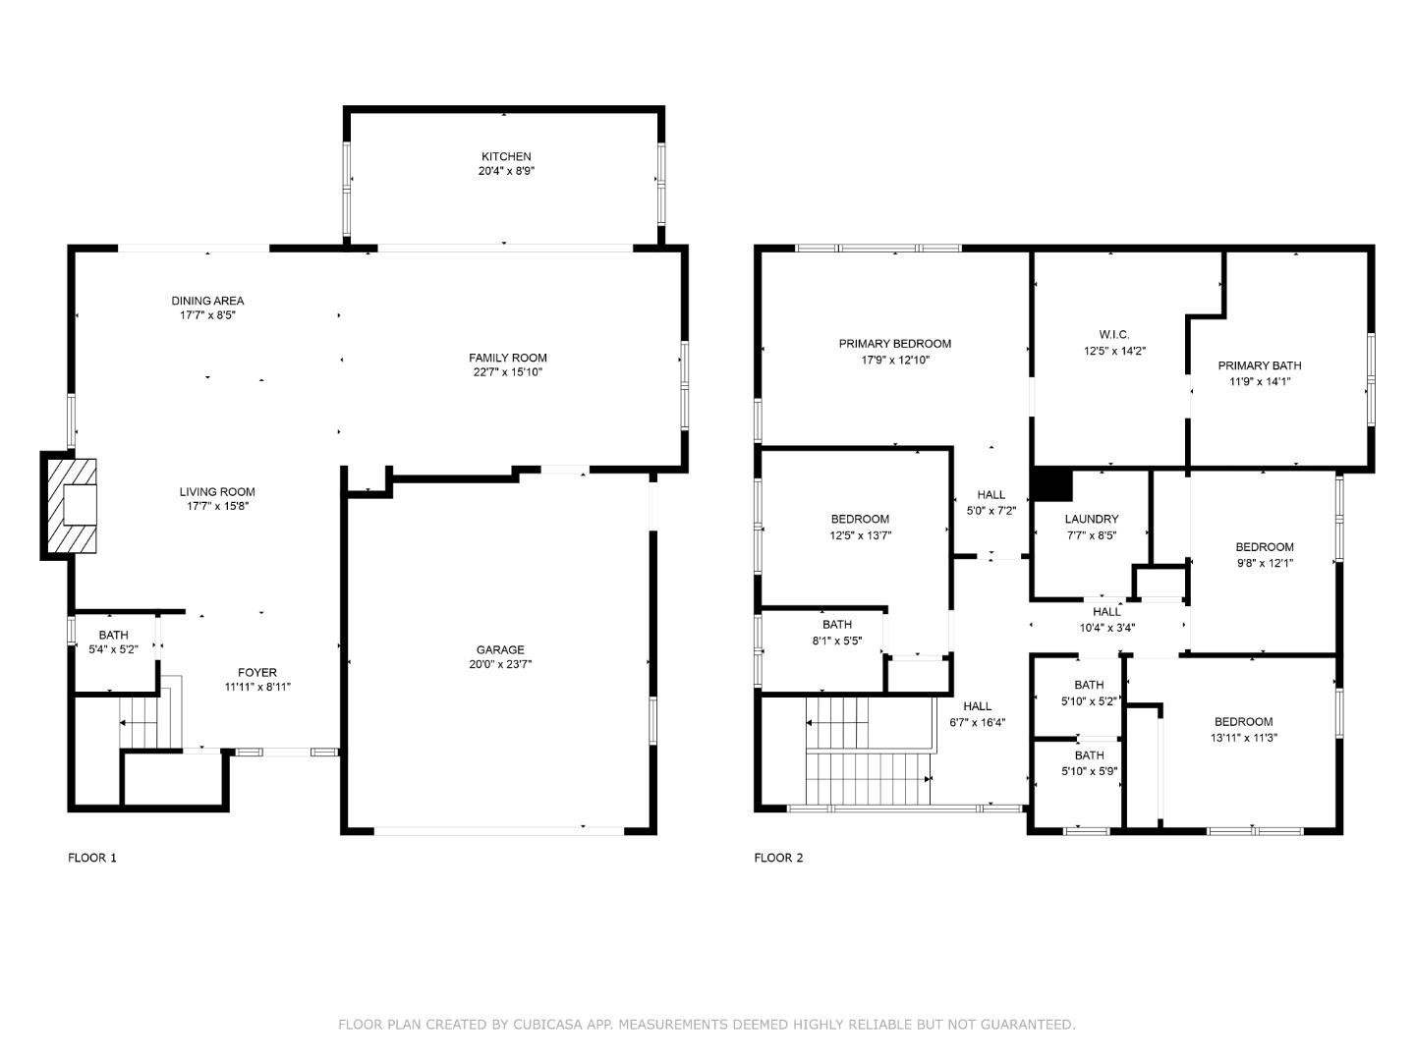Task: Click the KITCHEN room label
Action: tap(506, 156)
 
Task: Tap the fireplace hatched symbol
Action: tap(72, 505)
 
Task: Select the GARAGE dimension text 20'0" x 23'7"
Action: tap(500, 664)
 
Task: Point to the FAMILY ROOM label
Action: tap(507, 358)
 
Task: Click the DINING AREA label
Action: tap(207, 301)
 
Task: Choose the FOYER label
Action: tap(257, 673)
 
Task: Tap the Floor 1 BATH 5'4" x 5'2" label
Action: tap(113, 642)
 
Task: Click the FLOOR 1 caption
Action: tap(92, 858)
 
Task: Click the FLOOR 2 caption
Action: tap(778, 858)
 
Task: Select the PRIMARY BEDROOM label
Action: tap(895, 344)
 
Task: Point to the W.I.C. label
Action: tap(1114, 335)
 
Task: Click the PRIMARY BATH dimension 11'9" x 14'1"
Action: tap(1260, 381)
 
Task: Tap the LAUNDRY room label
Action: tap(1092, 520)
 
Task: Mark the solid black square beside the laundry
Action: tap(1051, 484)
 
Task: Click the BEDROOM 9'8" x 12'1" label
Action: tap(1264, 555)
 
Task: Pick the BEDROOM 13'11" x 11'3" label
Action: tap(1243, 730)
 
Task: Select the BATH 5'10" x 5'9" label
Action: tap(1089, 762)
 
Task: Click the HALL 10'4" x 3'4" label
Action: tap(1106, 620)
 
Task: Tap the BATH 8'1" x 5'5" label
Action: tap(837, 633)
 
